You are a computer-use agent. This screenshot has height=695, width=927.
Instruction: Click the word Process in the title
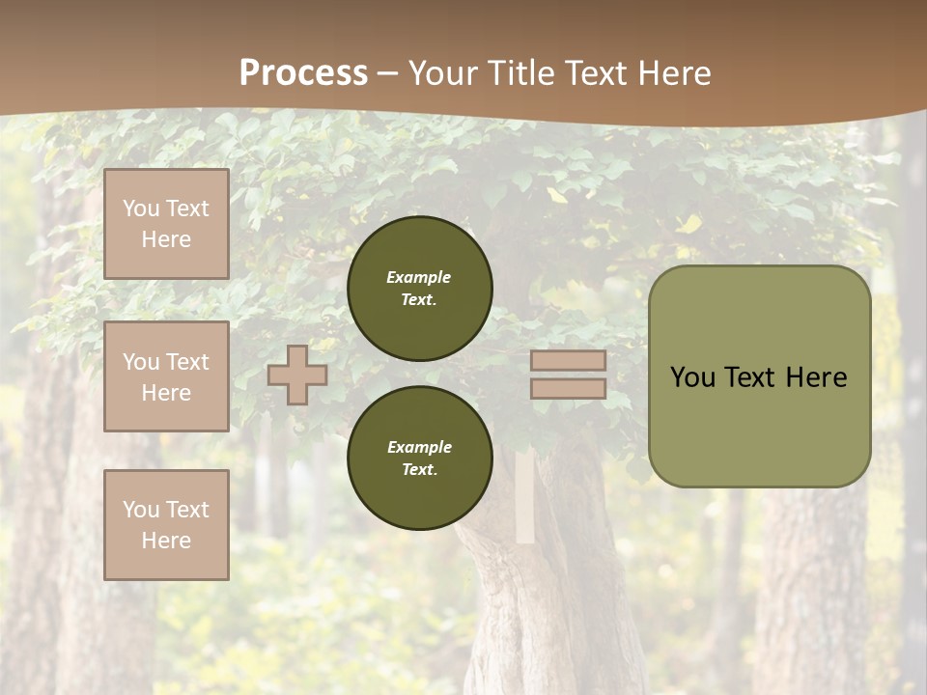point(303,73)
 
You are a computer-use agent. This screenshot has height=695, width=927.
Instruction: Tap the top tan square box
point(166,224)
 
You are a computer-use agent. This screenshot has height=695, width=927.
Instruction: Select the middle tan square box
point(166,376)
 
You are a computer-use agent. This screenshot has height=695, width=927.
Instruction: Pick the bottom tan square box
point(166,525)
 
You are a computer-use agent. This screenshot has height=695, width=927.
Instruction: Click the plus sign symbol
point(297,375)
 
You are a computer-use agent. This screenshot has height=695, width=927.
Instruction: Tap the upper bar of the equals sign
point(568,360)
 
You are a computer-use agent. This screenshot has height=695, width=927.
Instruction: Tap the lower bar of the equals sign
point(568,388)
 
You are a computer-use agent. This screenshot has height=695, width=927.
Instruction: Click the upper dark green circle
point(420,289)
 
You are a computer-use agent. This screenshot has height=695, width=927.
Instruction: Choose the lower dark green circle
point(420,459)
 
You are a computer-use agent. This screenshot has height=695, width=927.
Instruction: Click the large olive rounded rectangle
point(759,376)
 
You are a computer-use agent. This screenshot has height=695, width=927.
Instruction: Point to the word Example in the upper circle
point(419,277)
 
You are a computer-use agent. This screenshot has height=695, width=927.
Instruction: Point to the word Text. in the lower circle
point(419,470)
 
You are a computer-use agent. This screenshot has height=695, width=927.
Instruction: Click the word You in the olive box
point(692,377)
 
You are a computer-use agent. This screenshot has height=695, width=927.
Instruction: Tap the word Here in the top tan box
point(166,239)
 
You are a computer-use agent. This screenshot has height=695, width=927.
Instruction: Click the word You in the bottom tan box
point(141,510)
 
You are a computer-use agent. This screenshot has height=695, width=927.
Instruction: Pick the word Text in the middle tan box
point(187,362)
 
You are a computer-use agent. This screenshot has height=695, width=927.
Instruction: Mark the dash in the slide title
point(388,74)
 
